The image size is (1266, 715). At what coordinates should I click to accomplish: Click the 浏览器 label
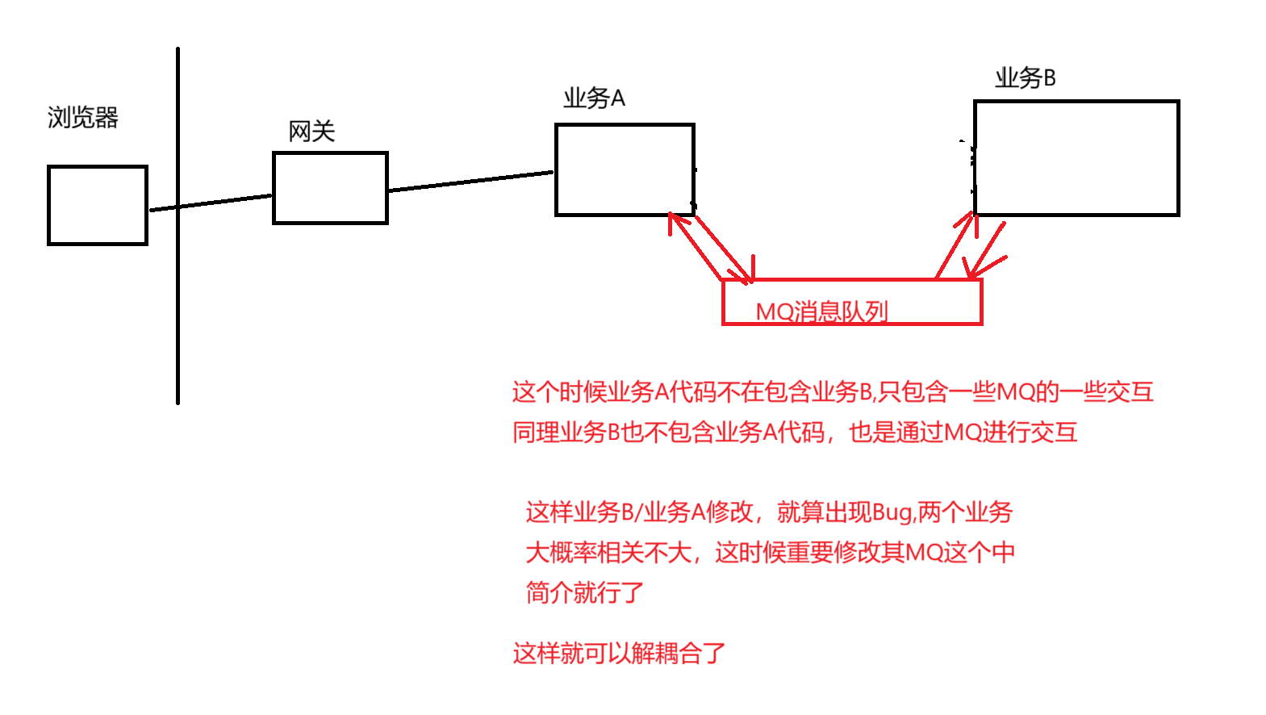point(83,118)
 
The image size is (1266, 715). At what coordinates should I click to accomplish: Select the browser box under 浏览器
point(98,205)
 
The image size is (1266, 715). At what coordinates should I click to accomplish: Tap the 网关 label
point(311,132)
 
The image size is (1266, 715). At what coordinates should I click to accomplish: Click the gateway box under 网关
point(330,188)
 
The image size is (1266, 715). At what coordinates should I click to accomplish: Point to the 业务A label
point(594,98)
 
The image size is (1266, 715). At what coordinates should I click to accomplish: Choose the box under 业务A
point(625,169)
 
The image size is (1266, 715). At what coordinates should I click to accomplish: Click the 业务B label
point(1025,78)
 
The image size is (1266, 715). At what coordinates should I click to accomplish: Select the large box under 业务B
point(1076,158)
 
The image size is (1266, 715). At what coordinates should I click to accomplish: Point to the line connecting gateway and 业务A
point(471,181)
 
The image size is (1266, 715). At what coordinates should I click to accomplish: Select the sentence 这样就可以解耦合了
point(619,653)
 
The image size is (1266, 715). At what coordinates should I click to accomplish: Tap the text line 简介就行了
point(585,593)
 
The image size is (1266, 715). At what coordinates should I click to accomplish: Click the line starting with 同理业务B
point(795,433)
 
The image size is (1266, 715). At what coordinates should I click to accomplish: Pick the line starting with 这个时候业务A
point(832,392)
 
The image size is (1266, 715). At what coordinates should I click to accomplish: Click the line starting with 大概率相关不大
point(770,553)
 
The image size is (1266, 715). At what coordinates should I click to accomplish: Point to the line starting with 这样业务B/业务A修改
point(768,512)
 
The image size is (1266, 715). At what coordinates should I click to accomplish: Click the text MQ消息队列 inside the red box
point(821,312)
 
